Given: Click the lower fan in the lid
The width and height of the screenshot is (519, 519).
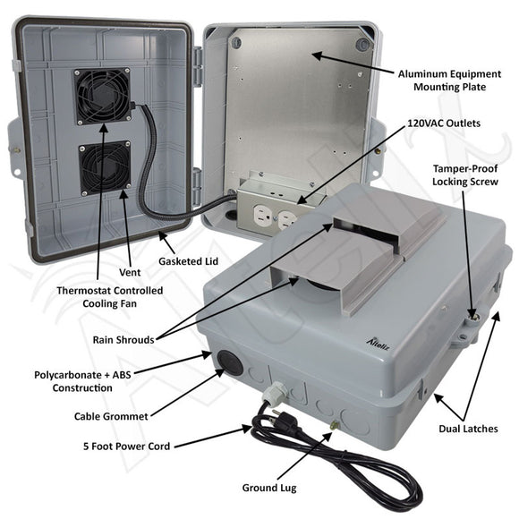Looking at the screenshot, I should pyautogui.click(x=104, y=169).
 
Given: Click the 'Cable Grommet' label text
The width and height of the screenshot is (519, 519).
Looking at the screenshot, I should pyautogui.click(x=112, y=416).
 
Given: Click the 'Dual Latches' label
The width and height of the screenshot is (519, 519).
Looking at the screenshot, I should pyautogui.click(x=470, y=429).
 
